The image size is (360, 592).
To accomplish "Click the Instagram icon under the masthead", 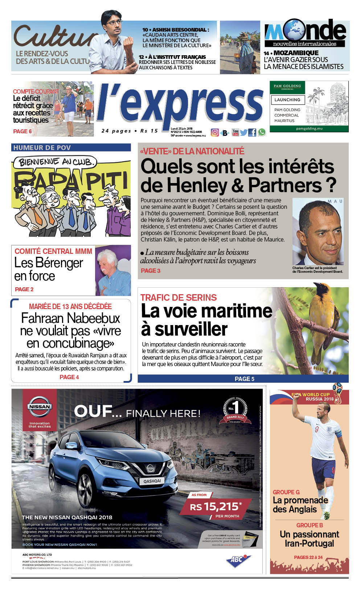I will coord(215,133).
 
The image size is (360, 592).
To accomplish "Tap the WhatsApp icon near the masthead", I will coord(261,133).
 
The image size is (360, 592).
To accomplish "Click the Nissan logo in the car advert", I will coord(40,407).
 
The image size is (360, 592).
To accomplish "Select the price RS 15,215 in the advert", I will coord(216,506).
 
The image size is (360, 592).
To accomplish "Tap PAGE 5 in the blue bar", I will coord(244,379).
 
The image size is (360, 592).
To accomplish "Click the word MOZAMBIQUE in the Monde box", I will coord(296,53).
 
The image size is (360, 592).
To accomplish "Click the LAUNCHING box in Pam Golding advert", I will coord(287,100).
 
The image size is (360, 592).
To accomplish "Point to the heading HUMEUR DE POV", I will coord(42,148).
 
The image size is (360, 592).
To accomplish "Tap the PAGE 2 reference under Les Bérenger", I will coord(24,289).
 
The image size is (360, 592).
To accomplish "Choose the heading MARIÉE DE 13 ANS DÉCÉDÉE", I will coord(70,307).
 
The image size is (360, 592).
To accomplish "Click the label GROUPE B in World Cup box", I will coord(309,525).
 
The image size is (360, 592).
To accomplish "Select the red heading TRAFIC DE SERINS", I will coord(179,297).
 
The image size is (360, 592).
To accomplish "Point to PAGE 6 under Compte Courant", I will coord(22,131).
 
